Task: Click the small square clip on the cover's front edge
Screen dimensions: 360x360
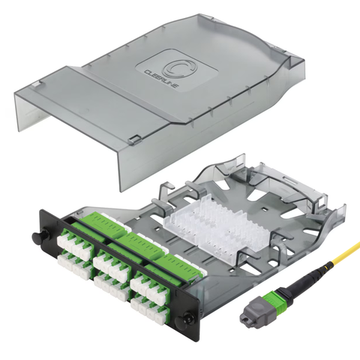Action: (134, 139)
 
